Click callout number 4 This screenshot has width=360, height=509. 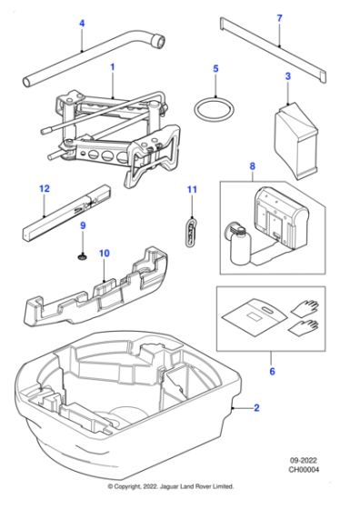[x=81, y=23]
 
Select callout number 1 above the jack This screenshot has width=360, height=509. [x=112, y=66]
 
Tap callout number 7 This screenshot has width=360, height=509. [x=279, y=17]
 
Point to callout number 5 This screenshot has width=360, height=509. [x=215, y=68]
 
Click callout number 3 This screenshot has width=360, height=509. [x=287, y=76]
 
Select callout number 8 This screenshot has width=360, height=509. [x=252, y=166]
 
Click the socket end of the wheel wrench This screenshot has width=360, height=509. [x=159, y=41]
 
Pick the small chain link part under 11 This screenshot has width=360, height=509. [x=191, y=231]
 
